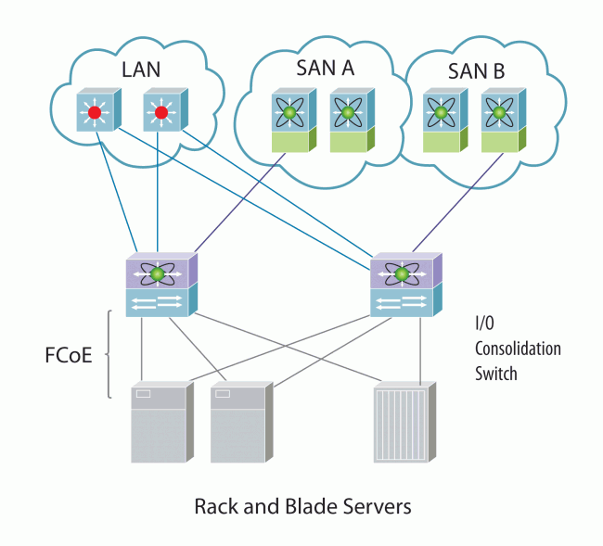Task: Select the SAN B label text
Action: coord(474,70)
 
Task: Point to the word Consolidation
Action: coord(518,349)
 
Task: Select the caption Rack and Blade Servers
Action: coord(302,507)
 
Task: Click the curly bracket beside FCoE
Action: coord(109,354)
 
